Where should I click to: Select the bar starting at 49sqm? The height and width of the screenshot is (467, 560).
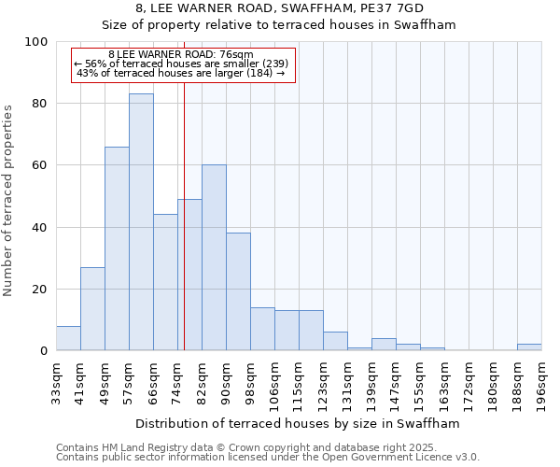117,248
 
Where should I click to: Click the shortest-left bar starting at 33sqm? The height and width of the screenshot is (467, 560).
68,338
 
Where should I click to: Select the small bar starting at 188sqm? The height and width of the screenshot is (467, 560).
529,347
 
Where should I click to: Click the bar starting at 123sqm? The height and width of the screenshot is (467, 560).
335,342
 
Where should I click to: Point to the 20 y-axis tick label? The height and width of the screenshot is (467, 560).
40,290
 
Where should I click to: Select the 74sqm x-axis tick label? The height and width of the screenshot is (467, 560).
177,380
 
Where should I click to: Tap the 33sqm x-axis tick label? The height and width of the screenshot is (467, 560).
56,380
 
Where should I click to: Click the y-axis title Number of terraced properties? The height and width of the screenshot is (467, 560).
9,201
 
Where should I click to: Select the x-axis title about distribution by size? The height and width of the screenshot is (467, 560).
299,423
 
